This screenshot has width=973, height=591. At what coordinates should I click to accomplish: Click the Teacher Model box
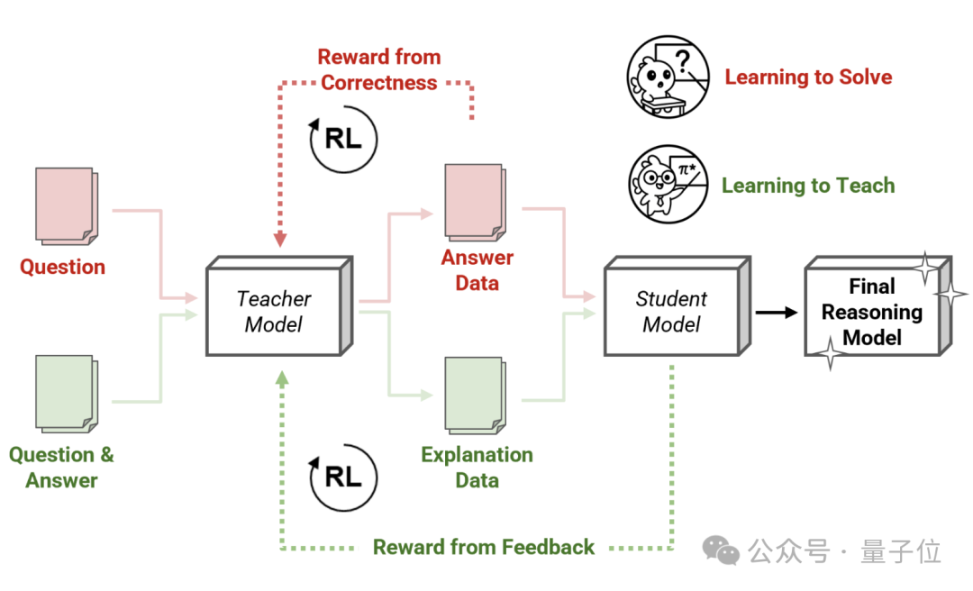279,306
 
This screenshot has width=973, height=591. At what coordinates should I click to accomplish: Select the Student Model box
677,306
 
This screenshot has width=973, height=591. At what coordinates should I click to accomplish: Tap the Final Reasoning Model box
878,306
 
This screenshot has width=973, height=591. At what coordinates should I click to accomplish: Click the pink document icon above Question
67,205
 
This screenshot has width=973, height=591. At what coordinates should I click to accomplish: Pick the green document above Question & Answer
67,394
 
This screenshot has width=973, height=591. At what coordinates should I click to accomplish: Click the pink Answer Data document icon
476,203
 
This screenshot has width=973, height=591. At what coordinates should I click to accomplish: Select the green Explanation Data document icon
476,396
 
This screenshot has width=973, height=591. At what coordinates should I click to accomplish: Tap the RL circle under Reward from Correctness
343,139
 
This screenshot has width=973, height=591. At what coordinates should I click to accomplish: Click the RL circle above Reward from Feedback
343,477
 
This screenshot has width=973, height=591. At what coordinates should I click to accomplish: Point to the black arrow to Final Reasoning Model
777,313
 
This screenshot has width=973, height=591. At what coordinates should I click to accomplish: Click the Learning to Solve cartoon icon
668,77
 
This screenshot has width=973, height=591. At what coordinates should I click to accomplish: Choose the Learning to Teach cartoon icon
668,185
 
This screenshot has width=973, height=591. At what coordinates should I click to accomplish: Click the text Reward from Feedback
484,547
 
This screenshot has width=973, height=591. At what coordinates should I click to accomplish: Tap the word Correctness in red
379,83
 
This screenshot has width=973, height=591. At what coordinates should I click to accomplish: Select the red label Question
63,267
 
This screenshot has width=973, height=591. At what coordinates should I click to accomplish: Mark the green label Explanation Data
477,468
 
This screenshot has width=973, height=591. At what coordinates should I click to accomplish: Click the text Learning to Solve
808,77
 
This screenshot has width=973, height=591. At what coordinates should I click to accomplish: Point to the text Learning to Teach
808,186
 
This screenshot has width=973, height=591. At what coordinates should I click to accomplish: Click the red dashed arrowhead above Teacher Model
280,240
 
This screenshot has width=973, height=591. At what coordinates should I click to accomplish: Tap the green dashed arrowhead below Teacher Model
282,378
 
